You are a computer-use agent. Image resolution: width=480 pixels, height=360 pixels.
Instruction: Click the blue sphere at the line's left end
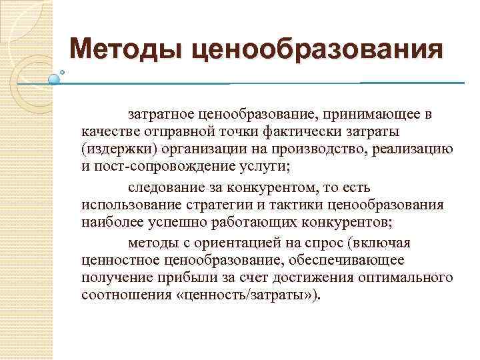click(x=55, y=79)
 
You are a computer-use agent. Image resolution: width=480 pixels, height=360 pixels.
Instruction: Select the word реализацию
click(x=417, y=147)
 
